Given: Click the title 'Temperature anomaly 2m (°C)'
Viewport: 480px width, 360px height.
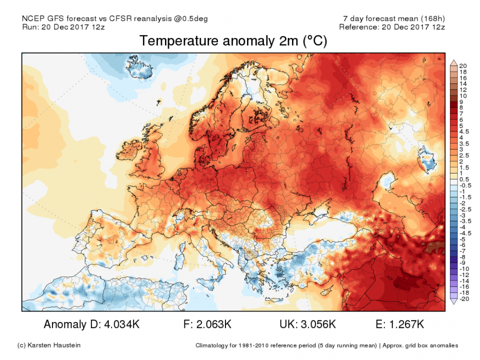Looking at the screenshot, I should (x=233, y=41).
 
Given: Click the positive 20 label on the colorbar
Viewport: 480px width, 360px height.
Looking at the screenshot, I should (x=462, y=66).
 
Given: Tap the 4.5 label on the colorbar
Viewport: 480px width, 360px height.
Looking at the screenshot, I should (x=462, y=131).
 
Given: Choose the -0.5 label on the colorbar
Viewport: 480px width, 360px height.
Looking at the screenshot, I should (x=463, y=185).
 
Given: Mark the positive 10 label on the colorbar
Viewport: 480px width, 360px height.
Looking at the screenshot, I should (x=462, y=95).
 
